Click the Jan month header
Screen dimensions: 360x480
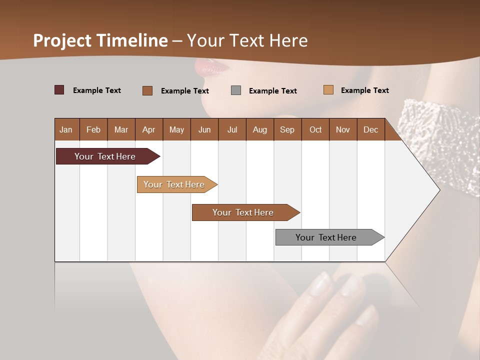tap(66, 129)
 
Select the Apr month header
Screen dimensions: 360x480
tap(148, 129)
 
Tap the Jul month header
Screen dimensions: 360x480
tap(232, 129)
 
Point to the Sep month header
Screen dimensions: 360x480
tap(287, 129)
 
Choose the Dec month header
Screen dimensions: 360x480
tap(370, 129)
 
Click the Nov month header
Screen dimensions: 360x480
tap(342, 129)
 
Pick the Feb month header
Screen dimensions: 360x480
tap(93, 129)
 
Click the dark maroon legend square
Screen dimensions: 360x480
tap(59, 90)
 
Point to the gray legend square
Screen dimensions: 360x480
tap(236, 90)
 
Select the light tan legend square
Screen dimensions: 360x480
tap(328, 90)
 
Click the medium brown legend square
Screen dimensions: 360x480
tap(147, 90)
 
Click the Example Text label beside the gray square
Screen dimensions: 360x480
tap(273, 91)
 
